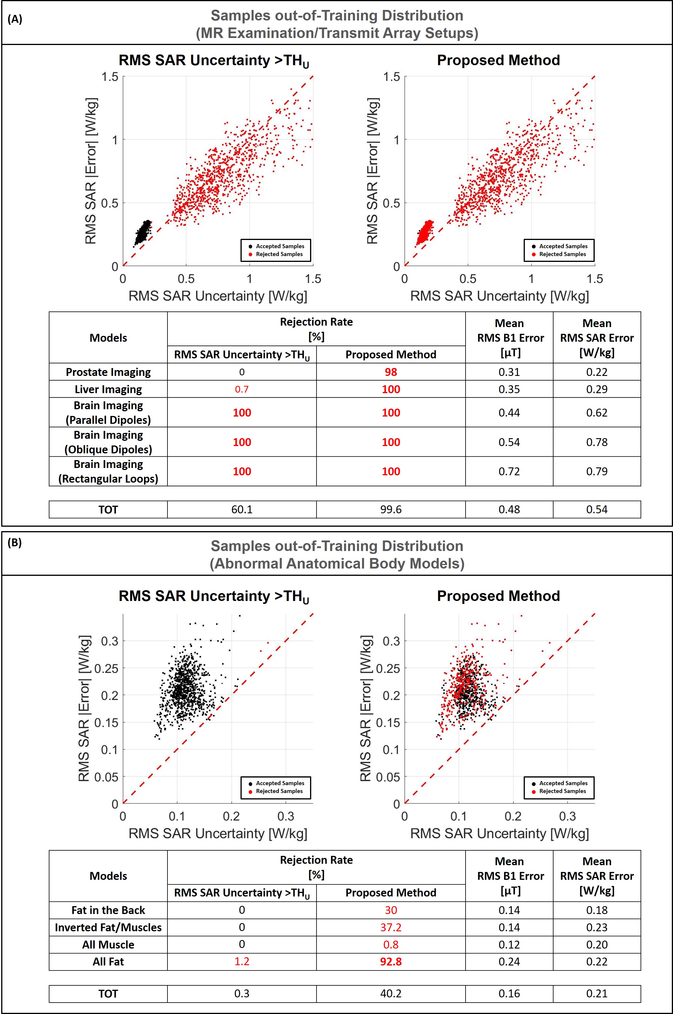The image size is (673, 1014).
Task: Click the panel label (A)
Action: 15,19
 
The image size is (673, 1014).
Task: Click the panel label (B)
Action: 15,543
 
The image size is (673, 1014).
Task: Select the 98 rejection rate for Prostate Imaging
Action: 391,372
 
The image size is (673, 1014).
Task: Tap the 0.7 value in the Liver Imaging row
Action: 242,389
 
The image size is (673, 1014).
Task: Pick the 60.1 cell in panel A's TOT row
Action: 242,509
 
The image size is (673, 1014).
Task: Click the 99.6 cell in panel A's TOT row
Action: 391,509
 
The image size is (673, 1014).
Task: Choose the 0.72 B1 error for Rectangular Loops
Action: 509,471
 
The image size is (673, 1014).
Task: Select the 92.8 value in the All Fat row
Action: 391,962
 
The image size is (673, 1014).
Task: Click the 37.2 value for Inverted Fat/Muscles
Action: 391,927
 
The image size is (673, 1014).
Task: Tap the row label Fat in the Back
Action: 108,910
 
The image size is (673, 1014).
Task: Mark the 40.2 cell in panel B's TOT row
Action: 391,994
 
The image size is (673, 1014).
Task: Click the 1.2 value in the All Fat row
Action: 242,962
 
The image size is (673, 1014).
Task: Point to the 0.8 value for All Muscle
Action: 391,944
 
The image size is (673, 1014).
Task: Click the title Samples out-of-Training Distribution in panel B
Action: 337,546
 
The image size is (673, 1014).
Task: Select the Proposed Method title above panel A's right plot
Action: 498,60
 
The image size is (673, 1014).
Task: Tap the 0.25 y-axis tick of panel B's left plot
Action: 106,668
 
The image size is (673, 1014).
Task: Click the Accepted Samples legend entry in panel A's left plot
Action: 279,246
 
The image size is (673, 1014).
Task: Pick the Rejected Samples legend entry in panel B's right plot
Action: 562,791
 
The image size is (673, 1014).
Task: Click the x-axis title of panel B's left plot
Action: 218,833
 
